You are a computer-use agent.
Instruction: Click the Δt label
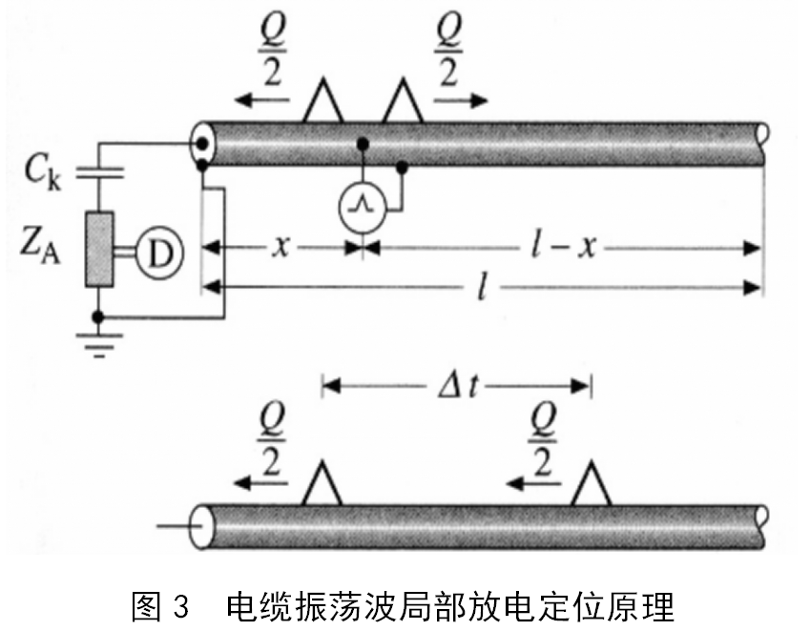[x=456, y=386]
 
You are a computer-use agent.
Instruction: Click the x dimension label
[x=280, y=248]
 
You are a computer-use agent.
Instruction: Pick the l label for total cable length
[x=485, y=287]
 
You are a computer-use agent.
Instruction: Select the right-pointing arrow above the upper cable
[x=462, y=99]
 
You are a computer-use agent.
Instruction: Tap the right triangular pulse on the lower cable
[x=592, y=484]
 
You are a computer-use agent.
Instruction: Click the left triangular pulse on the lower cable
[x=322, y=484]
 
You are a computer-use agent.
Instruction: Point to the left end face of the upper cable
[x=201, y=144]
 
